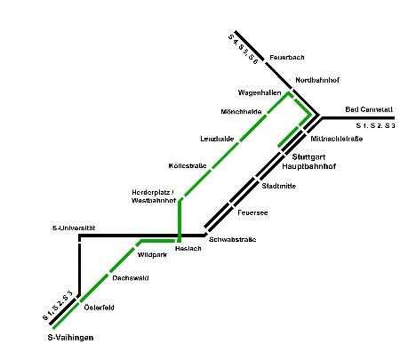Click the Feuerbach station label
287,57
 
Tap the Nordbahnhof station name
317,80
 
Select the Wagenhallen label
260,92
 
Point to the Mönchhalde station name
241,112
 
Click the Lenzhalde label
217,139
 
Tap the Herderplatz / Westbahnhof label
154,196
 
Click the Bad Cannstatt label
369,109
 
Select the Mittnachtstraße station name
337,139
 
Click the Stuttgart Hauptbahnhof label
308,162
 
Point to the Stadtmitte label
279,186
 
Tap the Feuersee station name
252,212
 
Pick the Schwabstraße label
233,239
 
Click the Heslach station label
188,248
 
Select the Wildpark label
152,254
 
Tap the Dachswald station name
131,278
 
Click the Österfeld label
99,308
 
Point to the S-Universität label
74,228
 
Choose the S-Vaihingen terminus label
70,338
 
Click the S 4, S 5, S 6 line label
244,50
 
